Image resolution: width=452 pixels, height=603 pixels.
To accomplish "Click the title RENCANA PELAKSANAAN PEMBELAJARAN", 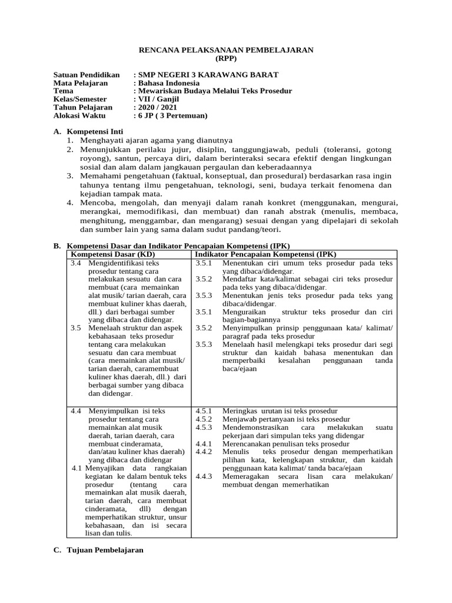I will coord(226,51).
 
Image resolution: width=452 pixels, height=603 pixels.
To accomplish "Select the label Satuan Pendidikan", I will coord(86,75).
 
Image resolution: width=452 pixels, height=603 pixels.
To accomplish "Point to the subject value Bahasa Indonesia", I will coord(168,84).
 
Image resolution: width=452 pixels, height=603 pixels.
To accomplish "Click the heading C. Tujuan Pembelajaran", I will coord(98,550).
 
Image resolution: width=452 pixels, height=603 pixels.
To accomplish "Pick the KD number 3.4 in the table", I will coord(75,263).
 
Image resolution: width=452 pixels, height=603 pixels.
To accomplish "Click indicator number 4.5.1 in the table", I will coord(204,411).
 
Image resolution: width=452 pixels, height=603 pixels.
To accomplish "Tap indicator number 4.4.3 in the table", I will coord(204,476).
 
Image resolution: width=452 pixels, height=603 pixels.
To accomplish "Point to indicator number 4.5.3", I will coord(204,427).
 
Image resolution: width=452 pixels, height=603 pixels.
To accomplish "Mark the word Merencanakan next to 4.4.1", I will coord(248,443).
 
